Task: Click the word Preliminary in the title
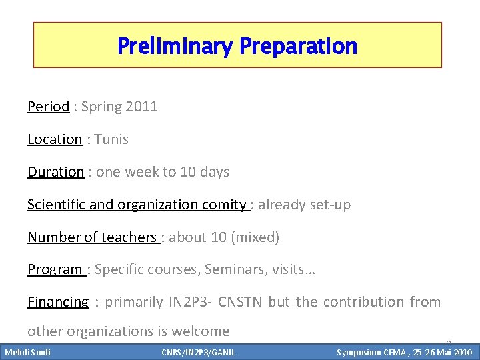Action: [175, 47]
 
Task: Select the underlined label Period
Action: [48, 107]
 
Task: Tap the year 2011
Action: [141, 107]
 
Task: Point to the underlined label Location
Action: [55, 139]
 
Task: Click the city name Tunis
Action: [111, 139]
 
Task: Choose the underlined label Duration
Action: [55, 172]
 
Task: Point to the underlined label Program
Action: [54, 270]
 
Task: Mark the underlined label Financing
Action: [58, 302]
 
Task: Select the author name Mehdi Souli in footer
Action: [28, 352]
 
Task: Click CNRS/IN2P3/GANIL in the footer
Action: [198, 352]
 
